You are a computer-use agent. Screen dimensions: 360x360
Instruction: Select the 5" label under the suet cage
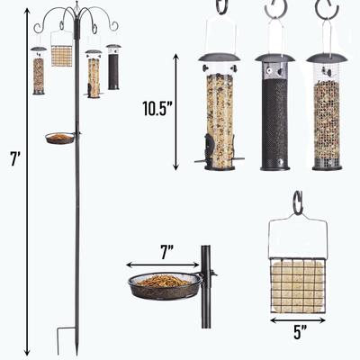pyautogui.click(x=298, y=331)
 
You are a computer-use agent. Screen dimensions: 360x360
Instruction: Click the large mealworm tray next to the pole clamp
pyautogui.click(x=165, y=285)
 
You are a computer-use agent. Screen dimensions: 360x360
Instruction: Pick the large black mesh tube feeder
pyautogui.click(x=274, y=112)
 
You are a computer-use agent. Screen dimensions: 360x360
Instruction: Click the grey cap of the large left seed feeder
pyautogui.click(x=220, y=59)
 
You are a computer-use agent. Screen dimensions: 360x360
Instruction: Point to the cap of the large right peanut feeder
pyautogui.click(x=327, y=58)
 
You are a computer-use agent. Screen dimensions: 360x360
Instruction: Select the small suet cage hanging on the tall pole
pyautogui.click(x=62, y=56)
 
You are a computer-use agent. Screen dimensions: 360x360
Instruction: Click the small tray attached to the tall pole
pyautogui.click(x=59, y=138)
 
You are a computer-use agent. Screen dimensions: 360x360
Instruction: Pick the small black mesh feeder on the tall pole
pyautogui.click(x=113, y=67)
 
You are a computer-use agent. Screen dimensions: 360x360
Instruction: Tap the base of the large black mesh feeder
pyautogui.click(x=274, y=165)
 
